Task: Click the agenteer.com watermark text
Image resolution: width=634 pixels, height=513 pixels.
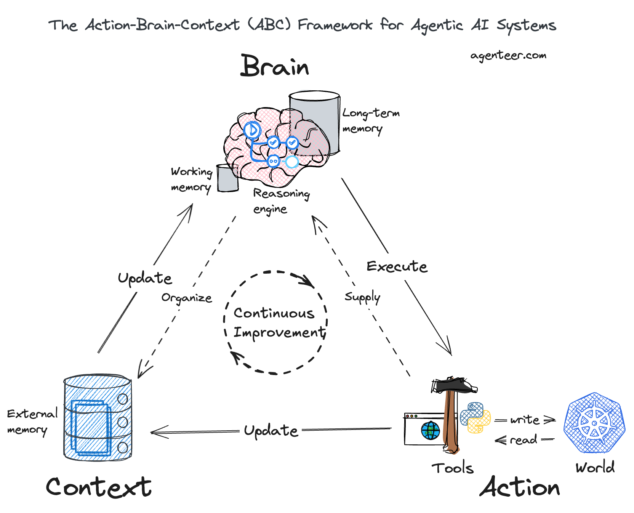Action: coord(508,56)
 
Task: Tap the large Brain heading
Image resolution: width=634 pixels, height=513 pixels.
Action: coord(274,66)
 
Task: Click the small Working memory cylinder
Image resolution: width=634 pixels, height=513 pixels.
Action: coord(227,178)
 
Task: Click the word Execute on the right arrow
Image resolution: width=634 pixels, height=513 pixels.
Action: coord(397,266)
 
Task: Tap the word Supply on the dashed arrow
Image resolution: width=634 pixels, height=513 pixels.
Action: coord(362,297)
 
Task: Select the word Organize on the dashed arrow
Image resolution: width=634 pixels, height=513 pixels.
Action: coord(186,298)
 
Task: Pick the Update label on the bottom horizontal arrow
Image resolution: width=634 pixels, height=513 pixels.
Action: coord(271,431)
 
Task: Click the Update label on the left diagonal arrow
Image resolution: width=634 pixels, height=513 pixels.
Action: coord(145,278)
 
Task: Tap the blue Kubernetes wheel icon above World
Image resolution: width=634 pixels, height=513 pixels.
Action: coord(594,423)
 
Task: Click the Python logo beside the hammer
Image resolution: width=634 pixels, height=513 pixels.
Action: coord(475,417)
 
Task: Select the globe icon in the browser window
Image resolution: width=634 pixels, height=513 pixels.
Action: coord(431,431)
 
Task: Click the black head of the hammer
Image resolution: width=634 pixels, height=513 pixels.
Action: coord(453,386)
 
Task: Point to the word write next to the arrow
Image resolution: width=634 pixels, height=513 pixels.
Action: coord(525,420)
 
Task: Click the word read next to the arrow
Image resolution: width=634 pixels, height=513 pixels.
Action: coord(523,440)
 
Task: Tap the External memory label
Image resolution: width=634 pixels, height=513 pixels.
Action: coord(32,422)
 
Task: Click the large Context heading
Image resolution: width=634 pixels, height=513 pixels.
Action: coord(99,487)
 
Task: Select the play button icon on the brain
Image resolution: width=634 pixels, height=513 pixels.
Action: coord(252,130)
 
